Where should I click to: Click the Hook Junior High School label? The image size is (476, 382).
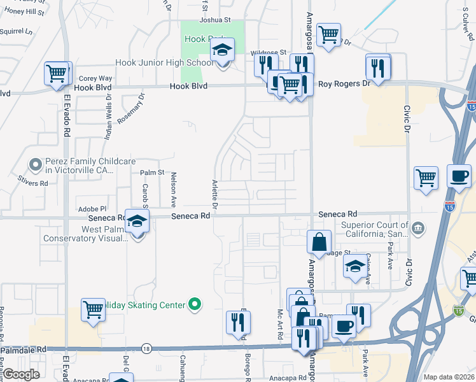click(164, 63)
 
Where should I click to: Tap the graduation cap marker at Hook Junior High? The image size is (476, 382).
click(222, 50)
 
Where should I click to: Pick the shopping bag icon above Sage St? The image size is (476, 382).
click(319, 243)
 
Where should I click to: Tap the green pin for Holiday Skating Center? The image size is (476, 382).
click(196, 305)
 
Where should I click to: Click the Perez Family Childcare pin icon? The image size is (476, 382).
click(36, 165)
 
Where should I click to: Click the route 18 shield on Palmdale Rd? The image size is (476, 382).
click(147, 348)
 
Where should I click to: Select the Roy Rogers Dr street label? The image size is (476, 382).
click(344, 83)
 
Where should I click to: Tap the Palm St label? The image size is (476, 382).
click(152, 173)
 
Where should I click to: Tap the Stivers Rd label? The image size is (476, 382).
click(33, 183)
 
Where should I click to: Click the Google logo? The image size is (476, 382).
click(21, 374)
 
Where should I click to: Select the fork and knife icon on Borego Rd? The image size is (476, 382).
click(239, 322)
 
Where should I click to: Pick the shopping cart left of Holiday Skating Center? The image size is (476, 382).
click(93, 310)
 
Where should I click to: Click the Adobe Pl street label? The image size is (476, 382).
click(92, 208)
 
